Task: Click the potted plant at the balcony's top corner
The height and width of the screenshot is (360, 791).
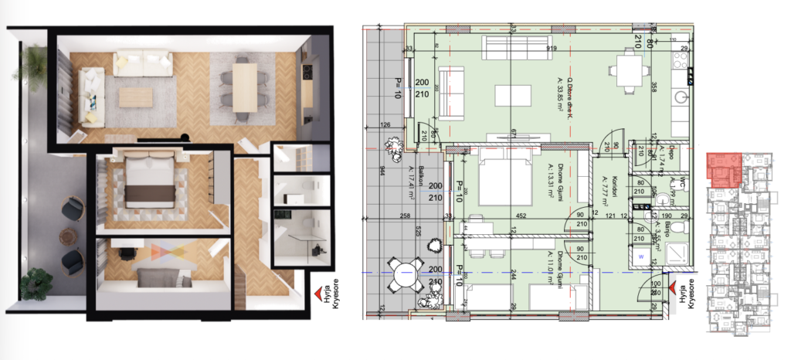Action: click(x=35, y=58)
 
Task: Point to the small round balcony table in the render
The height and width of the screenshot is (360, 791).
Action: click(x=59, y=233)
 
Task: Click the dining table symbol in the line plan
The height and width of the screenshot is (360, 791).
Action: click(x=627, y=72)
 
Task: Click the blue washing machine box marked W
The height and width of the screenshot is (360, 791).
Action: click(x=640, y=253)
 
